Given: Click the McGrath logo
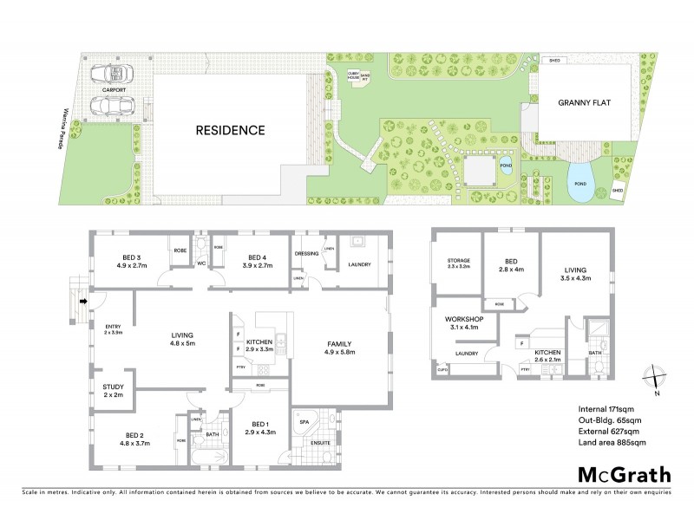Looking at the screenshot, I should (x=624, y=474).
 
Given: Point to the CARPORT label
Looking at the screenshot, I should (x=113, y=89).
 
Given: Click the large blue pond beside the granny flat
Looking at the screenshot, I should (x=580, y=182).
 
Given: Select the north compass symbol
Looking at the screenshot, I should (x=657, y=379).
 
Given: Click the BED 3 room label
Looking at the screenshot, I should (x=131, y=257).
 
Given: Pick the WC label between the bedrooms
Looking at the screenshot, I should (x=200, y=263).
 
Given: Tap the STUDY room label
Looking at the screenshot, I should (x=114, y=387).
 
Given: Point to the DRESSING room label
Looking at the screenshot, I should (x=307, y=255).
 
